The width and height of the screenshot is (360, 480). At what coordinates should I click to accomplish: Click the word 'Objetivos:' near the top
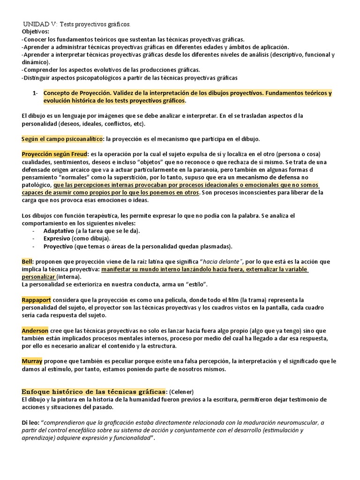[35, 31]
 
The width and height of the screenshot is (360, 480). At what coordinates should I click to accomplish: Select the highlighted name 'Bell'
[27, 261]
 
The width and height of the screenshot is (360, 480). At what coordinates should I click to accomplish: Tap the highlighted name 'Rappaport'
[36, 300]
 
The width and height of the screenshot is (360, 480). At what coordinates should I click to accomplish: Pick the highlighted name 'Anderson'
[35, 330]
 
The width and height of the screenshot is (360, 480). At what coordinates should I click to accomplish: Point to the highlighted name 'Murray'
[32, 361]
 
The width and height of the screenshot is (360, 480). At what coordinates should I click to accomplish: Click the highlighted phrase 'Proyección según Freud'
[53, 154]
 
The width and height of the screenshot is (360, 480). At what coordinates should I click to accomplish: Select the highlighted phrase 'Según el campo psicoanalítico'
[63, 139]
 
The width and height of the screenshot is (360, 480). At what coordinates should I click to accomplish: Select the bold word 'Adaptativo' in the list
[59, 231]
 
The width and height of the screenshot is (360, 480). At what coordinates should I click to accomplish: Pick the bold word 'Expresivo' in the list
[58, 239]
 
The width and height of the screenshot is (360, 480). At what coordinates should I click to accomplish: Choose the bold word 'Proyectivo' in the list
[58, 246]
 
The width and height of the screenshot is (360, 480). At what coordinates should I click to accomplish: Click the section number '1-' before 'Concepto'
[35, 93]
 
